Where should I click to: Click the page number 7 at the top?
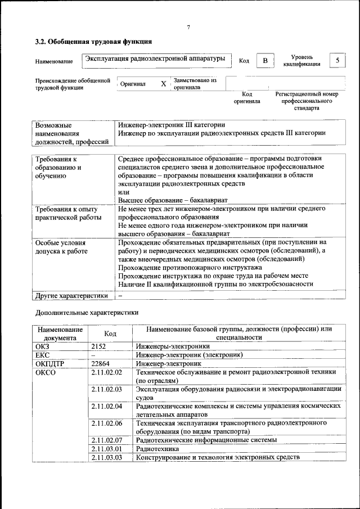point(188,28)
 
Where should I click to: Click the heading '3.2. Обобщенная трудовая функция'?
point(93,42)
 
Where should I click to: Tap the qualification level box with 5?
point(337,60)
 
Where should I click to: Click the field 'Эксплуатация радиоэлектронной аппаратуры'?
point(155,58)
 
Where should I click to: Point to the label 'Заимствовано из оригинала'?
point(195,84)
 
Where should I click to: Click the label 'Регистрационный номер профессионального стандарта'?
point(307,101)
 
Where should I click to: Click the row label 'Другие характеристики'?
point(71,295)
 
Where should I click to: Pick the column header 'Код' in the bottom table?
point(111,334)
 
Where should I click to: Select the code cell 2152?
point(99,347)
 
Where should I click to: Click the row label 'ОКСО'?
point(46,372)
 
